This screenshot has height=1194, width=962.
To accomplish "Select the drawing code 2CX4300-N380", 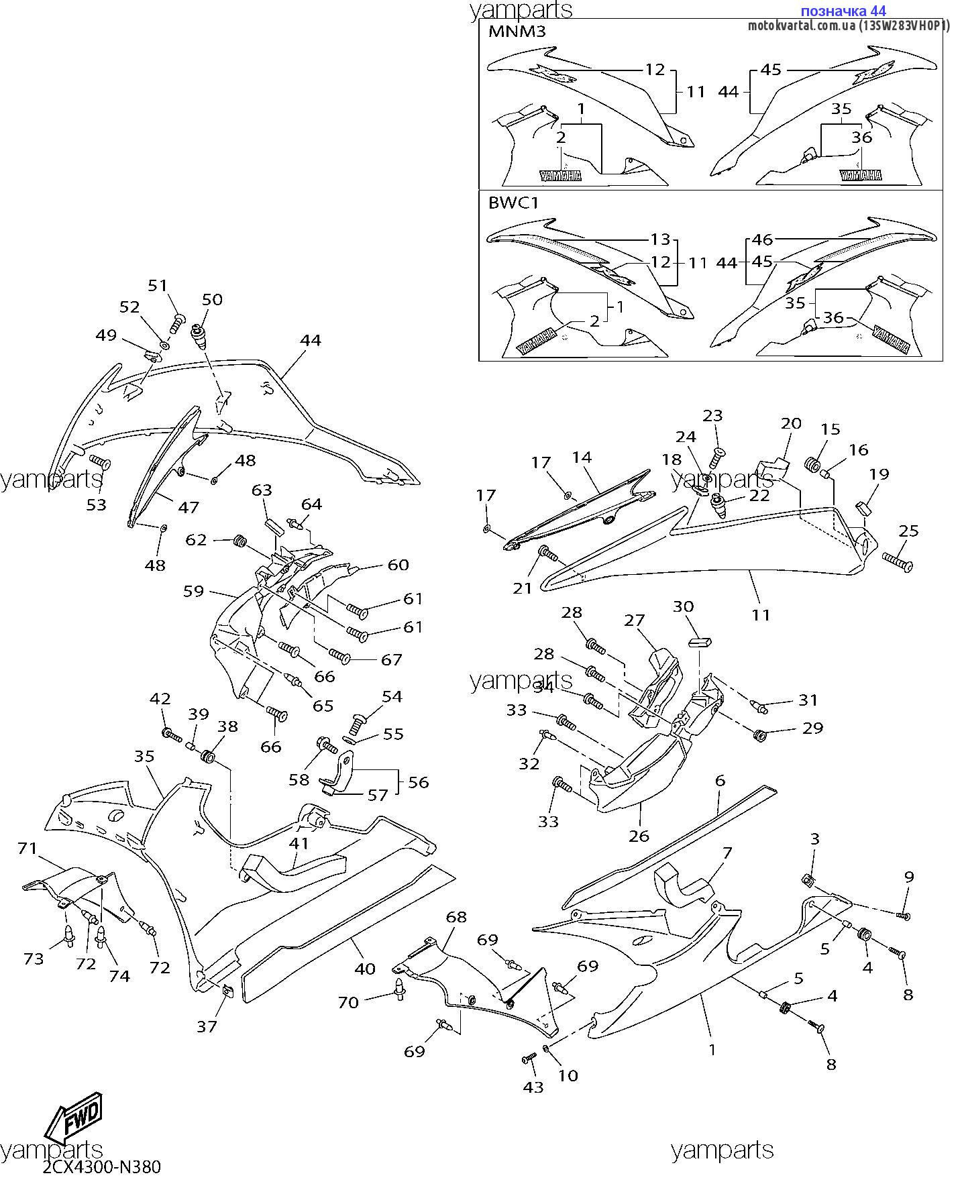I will pyautogui.click(x=102, y=1168).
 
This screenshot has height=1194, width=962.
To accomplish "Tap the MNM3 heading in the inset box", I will pyautogui.click(x=517, y=32).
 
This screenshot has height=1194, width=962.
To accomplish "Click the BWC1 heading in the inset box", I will pyautogui.click(x=513, y=203).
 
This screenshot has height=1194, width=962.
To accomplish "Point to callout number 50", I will pyautogui.click(x=212, y=300).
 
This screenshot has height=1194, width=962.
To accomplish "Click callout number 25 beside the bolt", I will pyautogui.click(x=908, y=531).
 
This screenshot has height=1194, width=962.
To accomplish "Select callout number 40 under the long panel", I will pyautogui.click(x=365, y=969).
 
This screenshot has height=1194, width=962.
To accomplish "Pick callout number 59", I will pyautogui.click(x=193, y=592).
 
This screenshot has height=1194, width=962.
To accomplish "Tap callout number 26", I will pyautogui.click(x=639, y=836).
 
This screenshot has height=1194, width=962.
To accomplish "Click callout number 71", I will pyautogui.click(x=28, y=849).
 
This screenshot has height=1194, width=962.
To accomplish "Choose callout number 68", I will pyautogui.click(x=456, y=916).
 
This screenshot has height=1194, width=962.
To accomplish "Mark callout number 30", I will pyautogui.click(x=683, y=606).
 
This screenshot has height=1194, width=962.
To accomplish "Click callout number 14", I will pyautogui.click(x=582, y=457).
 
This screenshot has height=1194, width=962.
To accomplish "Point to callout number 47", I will pyautogui.click(x=188, y=507).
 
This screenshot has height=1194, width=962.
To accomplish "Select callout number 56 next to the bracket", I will pyautogui.click(x=418, y=782).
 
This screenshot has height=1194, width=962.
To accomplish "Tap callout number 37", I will pyautogui.click(x=207, y=1026).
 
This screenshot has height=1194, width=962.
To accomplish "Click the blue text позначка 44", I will pyautogui.click(x=843, y=11).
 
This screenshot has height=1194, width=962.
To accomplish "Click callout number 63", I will pyautogui.click(x=262, y=490).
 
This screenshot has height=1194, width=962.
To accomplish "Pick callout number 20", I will pyautogui.click(x=792, y=423).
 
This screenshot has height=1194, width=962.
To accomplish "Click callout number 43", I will pyautogui.click(x=533, y=1087).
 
